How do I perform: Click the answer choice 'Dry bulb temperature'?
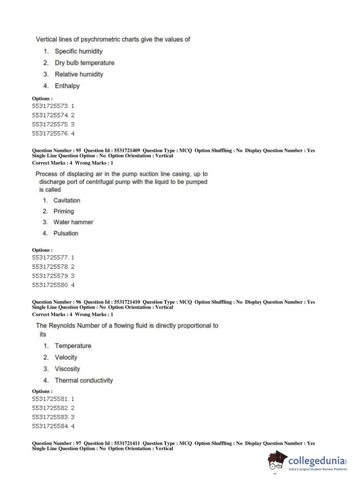(85, 63)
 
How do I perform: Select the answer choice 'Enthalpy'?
(67, 86)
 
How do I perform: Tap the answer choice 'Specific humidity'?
(78, 51)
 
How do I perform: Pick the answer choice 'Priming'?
(64, 211)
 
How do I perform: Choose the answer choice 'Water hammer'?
(73, 222)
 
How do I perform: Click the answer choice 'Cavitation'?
(67, 200)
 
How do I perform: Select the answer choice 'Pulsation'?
(65, 233)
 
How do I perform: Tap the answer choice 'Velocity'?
(66, 357)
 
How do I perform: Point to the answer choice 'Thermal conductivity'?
(84, 380)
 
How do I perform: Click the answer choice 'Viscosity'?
(67, 369)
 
